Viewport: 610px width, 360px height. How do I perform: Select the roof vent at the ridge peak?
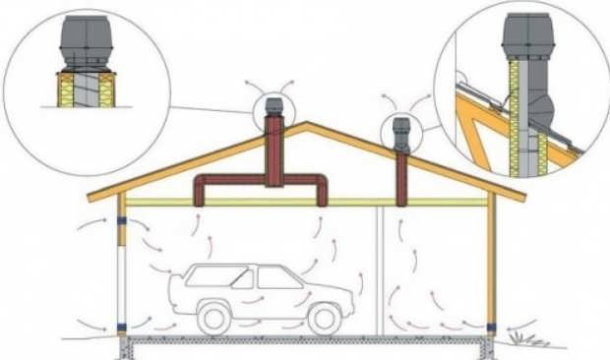[274, 110]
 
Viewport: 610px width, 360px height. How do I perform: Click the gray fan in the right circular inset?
[527, 40]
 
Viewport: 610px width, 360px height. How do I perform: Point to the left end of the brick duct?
[201, 191]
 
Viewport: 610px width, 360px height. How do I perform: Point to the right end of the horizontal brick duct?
[322, 191]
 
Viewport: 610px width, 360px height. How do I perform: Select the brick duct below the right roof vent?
[400, 178]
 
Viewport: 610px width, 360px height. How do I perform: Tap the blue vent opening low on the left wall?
[120, 327]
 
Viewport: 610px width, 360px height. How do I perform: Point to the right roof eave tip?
[522, 196]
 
